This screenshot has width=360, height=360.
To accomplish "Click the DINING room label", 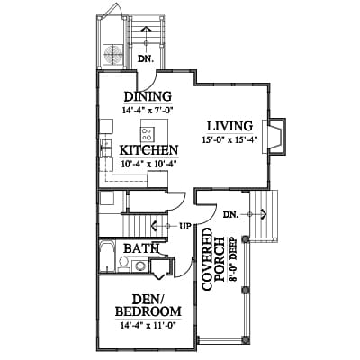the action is tap(148, 96).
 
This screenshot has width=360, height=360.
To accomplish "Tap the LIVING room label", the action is tap(229, 126).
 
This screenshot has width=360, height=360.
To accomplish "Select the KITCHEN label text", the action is tap(148, 150).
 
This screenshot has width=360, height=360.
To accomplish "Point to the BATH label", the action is tap(141, 248).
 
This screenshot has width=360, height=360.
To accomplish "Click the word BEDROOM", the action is tap(148, 311).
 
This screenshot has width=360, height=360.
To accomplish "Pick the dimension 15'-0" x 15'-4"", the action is tap(229, 139).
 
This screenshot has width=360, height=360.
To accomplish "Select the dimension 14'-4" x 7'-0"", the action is tap(148, 110).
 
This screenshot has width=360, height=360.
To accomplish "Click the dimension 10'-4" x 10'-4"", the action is tap(148, 164).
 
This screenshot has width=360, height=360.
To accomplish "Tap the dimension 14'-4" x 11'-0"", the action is tap(148, 325).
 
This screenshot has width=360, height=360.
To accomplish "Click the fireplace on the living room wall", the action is tap(274, 137).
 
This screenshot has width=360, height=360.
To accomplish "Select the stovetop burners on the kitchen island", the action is tap(147, 134).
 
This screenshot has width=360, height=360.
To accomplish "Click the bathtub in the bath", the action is tap(107, 256).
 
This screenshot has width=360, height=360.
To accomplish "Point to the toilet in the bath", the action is tap(123, 264).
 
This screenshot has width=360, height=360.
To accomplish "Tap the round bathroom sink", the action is tap(139, 265).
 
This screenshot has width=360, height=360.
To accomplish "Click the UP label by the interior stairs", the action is tap(185, 226).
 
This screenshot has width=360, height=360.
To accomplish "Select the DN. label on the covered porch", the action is tap(231, 214).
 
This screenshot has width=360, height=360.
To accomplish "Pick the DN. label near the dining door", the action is tap(146, 58).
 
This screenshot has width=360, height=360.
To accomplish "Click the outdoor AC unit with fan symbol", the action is tap(113, 54).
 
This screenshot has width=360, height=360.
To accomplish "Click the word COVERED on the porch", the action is tap(207, 259).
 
